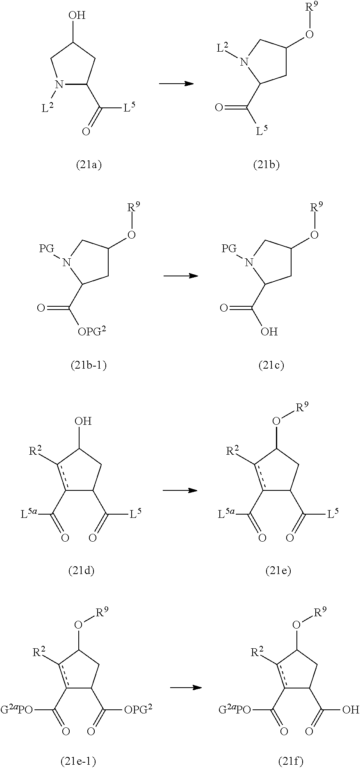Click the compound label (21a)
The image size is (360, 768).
[89, 165]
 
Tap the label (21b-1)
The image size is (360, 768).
[89, 365]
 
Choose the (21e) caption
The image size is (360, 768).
[278, 570]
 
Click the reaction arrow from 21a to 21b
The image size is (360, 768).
[176, 84]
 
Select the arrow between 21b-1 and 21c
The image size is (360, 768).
[181, 276]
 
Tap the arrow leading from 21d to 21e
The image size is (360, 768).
[180, 490]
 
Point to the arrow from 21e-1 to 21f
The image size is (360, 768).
[186, 687]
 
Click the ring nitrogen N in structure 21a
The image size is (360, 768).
[59, 85]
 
